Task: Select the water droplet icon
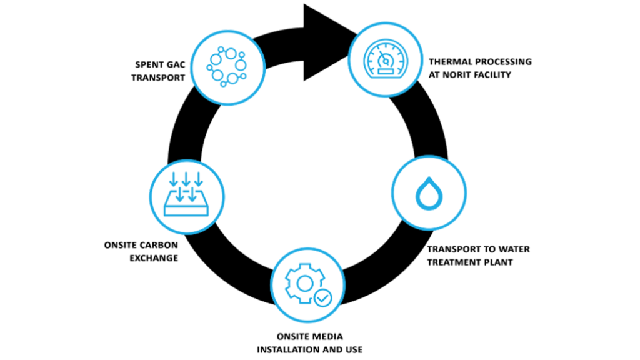(x=428, y=194)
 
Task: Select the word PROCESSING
(x=501, y=62)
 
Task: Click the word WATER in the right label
(x=514, y=250)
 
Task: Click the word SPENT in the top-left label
(x=149, y=64)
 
